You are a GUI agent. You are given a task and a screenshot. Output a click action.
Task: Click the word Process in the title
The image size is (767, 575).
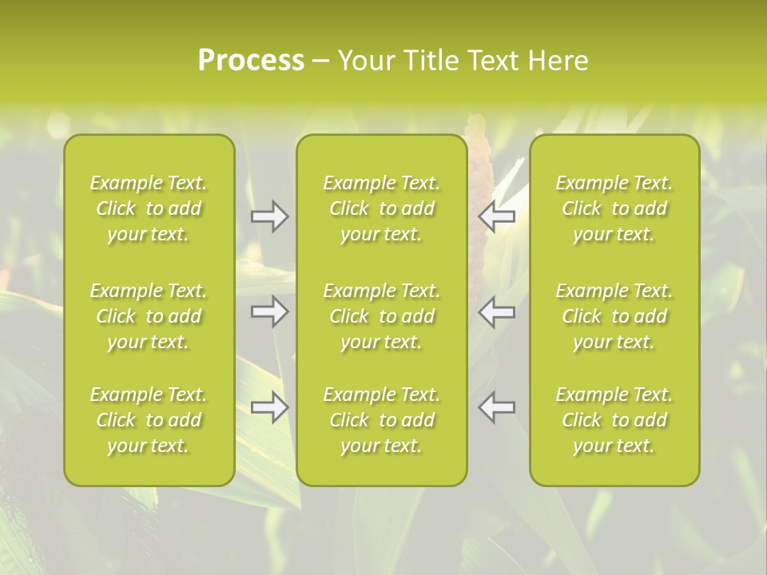point(251,61)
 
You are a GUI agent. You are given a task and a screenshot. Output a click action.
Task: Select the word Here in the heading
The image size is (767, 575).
point(559,61)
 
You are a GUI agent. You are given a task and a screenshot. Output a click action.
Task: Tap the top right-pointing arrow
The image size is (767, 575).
point(270,216)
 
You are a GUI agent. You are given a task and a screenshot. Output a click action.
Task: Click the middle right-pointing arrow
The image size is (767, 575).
point(270,311)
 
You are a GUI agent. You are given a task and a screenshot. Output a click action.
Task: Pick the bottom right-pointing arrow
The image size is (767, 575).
point(270,407)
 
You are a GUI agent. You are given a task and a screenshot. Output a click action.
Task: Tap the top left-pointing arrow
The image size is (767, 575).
point(497,216)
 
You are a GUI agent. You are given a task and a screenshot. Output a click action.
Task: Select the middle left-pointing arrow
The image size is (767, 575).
point(497,311)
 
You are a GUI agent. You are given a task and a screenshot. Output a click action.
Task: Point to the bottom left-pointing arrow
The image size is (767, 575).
point(497,407)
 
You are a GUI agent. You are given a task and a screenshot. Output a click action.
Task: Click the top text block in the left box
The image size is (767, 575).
point(149,208)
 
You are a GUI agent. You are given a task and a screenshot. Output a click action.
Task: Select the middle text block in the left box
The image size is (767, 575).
point(149,316)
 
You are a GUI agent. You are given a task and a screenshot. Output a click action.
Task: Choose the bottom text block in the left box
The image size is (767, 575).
point(149,420)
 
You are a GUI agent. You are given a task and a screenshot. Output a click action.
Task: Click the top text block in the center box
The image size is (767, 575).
point(381,208)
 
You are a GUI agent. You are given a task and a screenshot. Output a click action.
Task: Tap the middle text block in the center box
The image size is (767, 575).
point(381,316)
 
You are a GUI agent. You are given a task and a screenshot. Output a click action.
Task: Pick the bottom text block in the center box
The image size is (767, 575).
point(381,420)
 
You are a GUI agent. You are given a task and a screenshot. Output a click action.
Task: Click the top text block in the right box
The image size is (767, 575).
point(614,208)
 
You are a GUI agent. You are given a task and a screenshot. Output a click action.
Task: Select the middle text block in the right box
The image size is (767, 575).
point(614,316)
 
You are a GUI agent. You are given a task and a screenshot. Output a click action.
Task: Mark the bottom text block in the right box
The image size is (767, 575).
point(614,420)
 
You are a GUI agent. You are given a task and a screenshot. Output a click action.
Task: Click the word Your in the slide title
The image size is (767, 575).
point(367,61)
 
